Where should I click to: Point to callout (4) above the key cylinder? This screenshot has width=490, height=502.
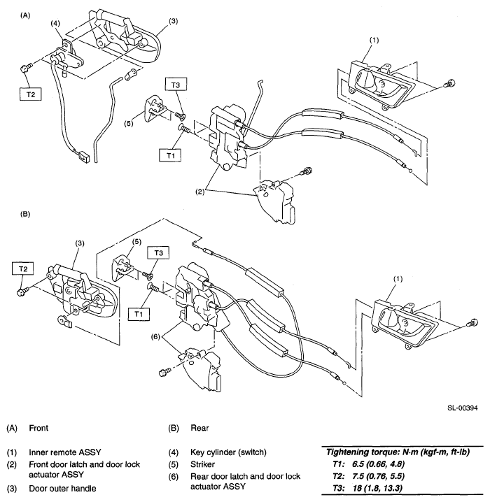pyautogui.click(x=56, y=23)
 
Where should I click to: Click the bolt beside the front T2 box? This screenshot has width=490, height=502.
pyautogui.click(x=26, y=67)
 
